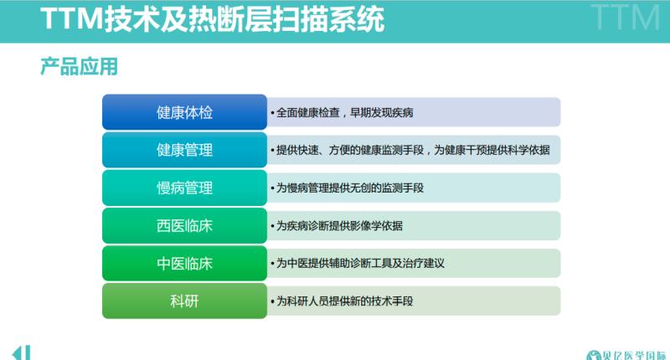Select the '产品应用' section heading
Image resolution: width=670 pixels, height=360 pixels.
(x=79, y=67)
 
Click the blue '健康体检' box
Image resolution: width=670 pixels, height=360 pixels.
(x=184, y=112)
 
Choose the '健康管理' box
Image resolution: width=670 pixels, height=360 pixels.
(x=184, y=150)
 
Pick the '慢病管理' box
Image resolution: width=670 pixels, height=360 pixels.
(x=184, y=188)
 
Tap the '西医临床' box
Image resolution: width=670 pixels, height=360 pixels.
(x=184, y=225)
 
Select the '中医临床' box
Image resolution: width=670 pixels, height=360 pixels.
(x=184, y=263)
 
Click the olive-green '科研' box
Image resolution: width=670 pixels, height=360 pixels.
(x=184, y=301)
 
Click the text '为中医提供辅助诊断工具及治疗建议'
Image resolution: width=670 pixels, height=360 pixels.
(x=360, y=263)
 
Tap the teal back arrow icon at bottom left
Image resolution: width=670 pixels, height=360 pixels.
(x=21, y=352)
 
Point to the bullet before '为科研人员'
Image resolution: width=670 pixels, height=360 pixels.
(x=272, y=301)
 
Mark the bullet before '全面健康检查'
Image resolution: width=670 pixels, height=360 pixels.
(x=272, y=113)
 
